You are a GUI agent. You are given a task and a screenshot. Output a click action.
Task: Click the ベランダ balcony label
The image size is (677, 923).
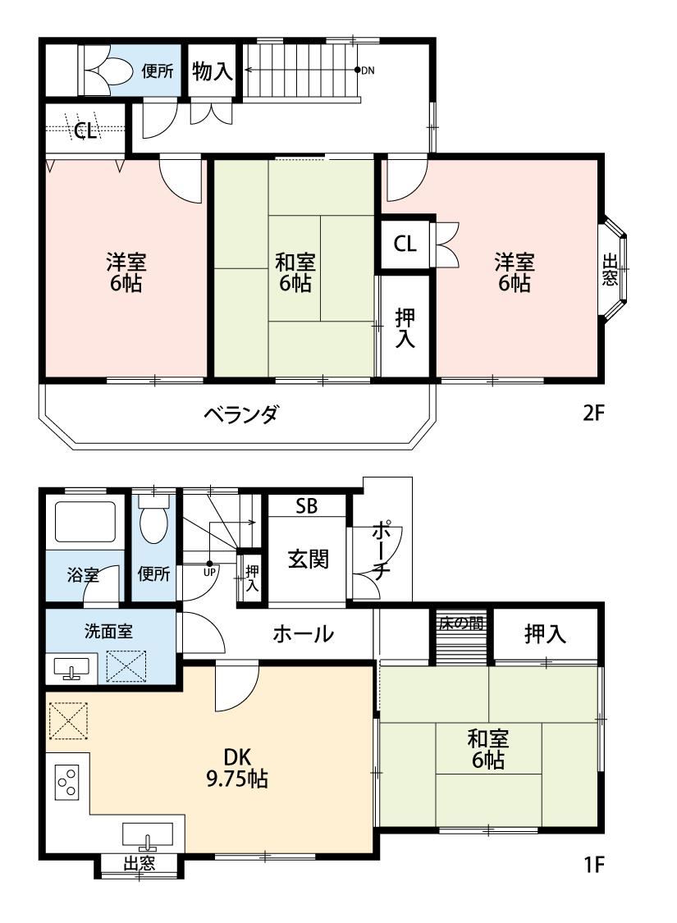click(240, 414)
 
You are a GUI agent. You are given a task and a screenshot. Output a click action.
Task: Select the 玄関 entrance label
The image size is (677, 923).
click(308, 559)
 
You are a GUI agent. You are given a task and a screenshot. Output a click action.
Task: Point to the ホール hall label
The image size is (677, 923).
click(303, 634)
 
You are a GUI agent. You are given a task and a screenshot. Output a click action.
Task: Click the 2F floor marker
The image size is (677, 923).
click(593, 414)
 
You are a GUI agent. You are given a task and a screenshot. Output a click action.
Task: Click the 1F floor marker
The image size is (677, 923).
click(594, 865)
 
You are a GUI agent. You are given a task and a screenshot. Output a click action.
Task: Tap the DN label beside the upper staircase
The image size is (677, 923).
click(368, 71)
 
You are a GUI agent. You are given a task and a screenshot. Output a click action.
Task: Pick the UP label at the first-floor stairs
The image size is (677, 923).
click(209, 571)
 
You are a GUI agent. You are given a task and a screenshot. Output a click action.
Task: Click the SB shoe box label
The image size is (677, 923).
click(306, 505)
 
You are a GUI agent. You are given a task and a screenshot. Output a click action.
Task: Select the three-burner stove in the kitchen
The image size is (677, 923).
click(66, 782)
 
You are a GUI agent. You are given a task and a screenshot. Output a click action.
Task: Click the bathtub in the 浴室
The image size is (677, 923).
click(85, 522)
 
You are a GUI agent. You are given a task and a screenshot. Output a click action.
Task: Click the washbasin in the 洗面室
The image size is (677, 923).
click(71, 668)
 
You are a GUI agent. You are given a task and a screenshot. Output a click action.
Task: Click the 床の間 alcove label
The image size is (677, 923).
click(461, 624)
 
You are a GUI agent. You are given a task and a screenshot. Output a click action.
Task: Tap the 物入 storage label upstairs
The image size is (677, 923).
click(212, 71)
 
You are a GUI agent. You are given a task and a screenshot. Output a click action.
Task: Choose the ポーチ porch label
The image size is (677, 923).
click(380, 549)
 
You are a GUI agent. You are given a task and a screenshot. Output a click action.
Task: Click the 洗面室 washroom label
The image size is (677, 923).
click(109, 631)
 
